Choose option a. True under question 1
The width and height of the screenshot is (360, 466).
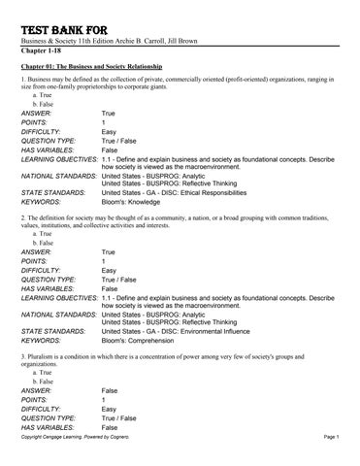pyautogui.click(x=43, y=98)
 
